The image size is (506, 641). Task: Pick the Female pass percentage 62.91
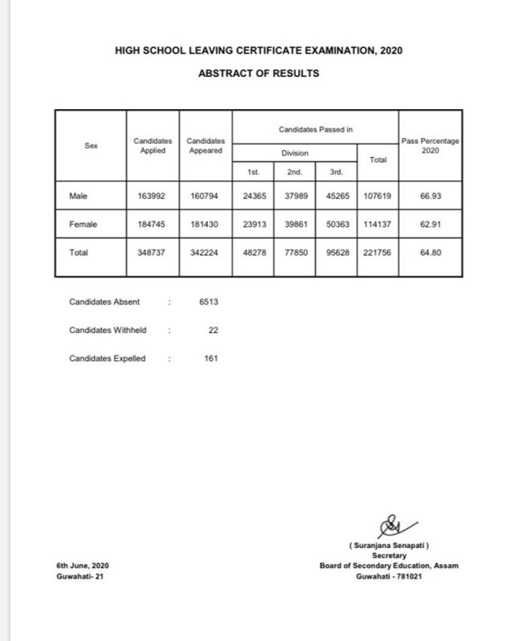tap(432, 225)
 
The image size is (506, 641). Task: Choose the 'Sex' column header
tap(91, 146)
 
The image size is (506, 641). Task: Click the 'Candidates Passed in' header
tap(316, 128)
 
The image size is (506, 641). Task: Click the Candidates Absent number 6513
tap(207, 302)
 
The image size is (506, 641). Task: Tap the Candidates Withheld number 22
tap(213, 330)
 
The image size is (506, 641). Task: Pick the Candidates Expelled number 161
tap(210, 358)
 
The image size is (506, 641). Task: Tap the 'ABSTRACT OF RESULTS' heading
tap(259, 73)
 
